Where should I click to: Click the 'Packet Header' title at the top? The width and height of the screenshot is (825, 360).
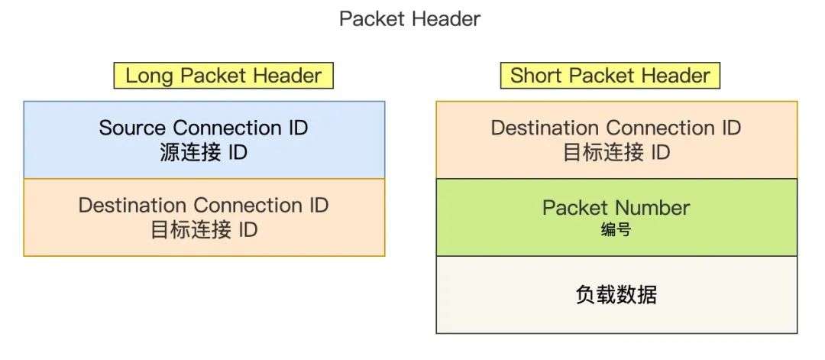coord(410,19)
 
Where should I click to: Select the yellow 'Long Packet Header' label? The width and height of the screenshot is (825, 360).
coord(224,76)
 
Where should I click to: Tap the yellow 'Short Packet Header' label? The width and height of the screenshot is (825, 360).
coord(610,76)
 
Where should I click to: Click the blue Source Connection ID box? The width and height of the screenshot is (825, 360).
coord(204,140)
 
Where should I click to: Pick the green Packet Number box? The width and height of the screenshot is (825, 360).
coord(616,217)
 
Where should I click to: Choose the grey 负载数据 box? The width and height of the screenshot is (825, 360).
coord(616,295)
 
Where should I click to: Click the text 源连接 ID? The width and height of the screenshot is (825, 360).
coord(204,153)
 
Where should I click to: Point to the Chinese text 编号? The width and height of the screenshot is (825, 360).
coord(616,230)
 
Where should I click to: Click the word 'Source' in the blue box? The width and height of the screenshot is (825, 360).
coord(133,128)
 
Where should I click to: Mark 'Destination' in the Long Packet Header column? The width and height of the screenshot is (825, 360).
coord(132,205)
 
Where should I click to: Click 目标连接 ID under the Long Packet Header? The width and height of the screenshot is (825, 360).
coord(204,231)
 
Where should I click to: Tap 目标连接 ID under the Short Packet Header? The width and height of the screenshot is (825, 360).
coord(616,153)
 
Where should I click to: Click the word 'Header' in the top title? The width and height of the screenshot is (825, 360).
coord(446,19)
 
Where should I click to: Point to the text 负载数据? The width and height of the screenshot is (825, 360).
coord(616,295)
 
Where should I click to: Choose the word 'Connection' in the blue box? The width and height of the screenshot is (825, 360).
coord(228,128)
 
